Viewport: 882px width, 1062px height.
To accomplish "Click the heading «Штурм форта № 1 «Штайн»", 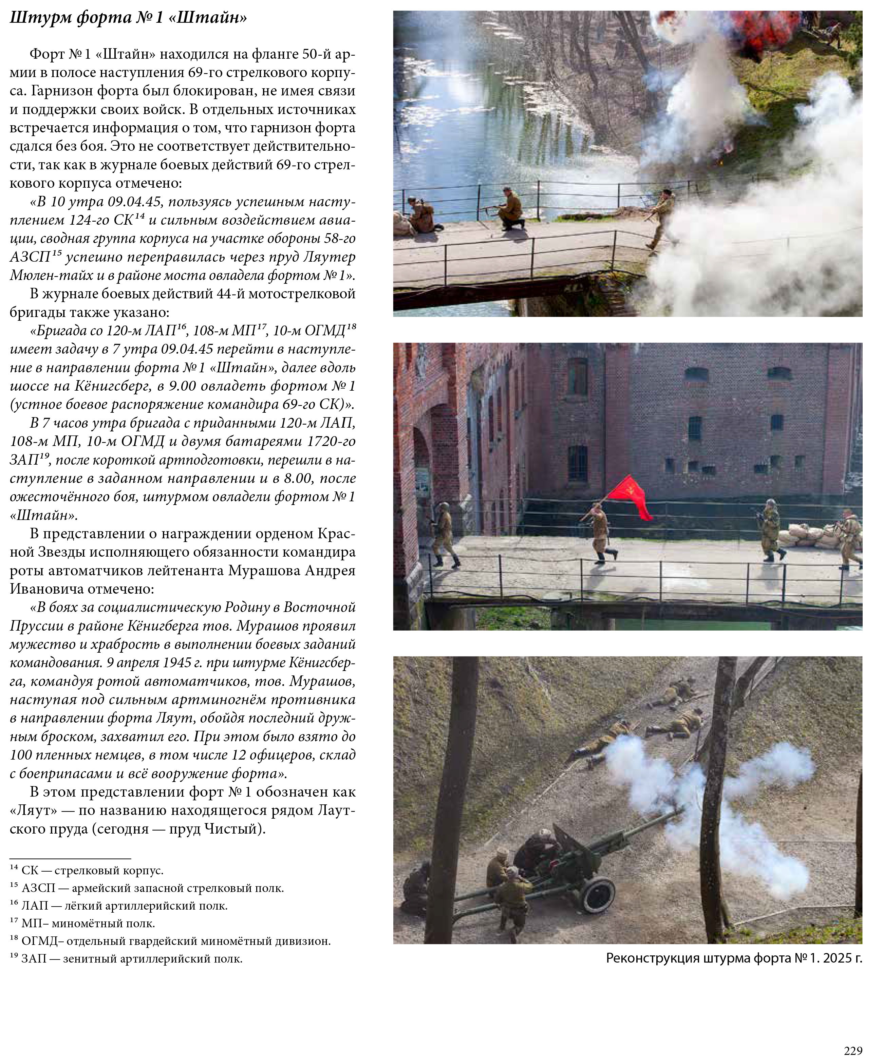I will [x=129, y=19].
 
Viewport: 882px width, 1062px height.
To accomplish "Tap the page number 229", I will [x=853, y=1050].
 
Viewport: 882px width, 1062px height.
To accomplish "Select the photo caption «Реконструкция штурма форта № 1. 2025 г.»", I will [x=734, y=958].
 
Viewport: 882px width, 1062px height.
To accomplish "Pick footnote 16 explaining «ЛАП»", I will [x=119, y=906].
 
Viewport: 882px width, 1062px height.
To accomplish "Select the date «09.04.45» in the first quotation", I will [x=132, y=202].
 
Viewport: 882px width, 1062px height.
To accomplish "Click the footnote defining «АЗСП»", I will [x=147, y=888].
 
